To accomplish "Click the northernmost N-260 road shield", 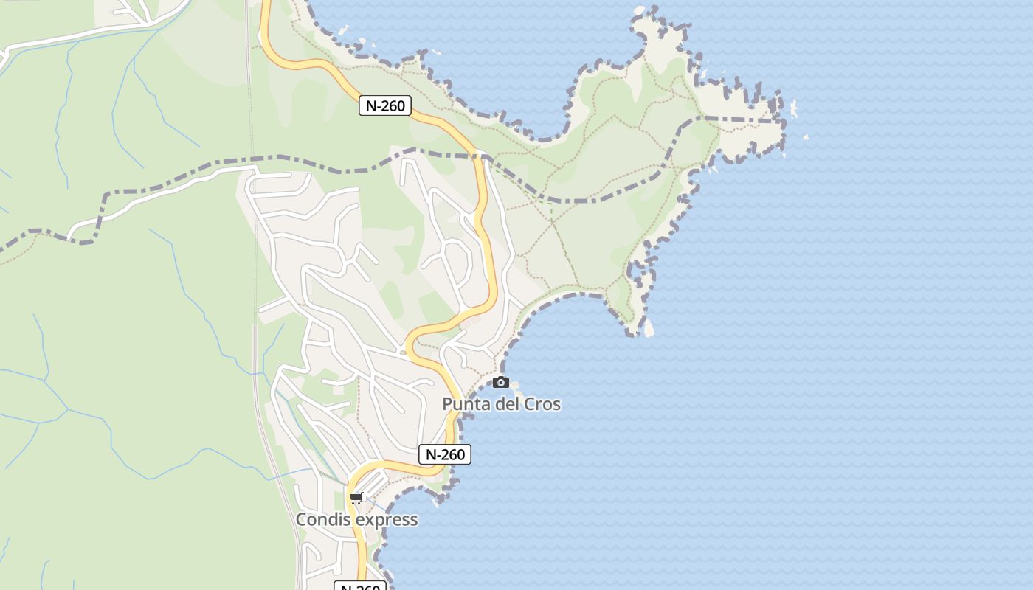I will (x=384, y=105).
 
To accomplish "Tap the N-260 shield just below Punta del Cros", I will (x=445, y=454).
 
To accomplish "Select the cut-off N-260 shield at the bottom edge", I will (x=360, y=586).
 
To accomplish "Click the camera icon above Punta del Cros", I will (x=501, y=382).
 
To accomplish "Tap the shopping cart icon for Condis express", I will (x=356, y=498).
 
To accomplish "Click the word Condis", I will (x=321, y=520).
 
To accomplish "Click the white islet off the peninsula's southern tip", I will (x=649, y=328).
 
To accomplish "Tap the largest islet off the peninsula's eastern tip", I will (x=794, y=109).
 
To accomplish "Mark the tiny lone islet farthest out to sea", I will (x=805, y=137).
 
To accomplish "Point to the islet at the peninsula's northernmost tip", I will (x=639, y=11).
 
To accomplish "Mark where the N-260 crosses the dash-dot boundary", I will (x=481, y=156).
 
